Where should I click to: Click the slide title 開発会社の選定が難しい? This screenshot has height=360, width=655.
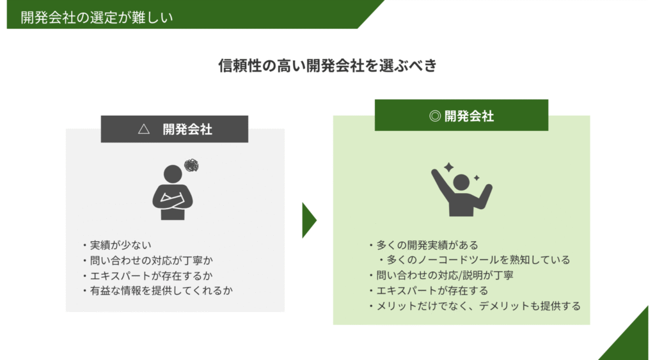tap(97, 17)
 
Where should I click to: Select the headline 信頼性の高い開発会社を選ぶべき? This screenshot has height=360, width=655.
tap(327, 66)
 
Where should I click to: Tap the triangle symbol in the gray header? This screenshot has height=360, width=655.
tap(144, 129)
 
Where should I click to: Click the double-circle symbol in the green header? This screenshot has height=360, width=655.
tap(435, 116)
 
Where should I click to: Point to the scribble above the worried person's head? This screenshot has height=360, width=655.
tap(191, 166)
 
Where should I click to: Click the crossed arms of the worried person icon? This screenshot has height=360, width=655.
tap(173, 201)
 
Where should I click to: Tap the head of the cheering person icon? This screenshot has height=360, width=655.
tap(461, 182)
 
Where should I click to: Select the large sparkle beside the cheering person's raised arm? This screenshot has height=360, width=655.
tap(448, 168)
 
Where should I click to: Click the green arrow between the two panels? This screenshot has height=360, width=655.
tap(309, 220)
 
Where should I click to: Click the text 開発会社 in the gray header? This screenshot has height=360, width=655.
tap(187, 129)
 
